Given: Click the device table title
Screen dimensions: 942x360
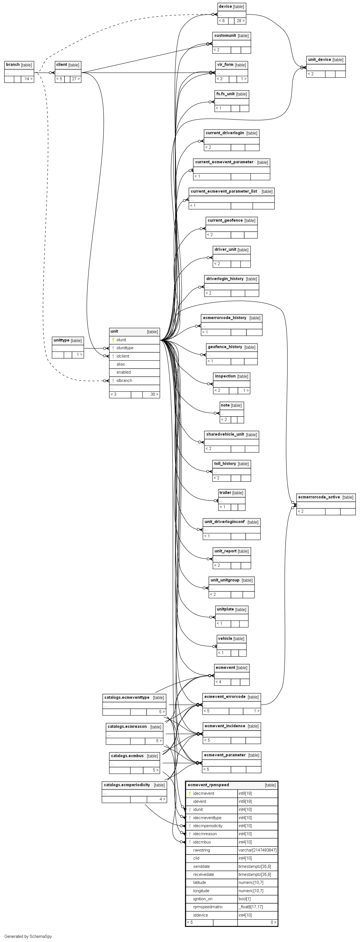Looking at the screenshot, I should (x=225, y=7).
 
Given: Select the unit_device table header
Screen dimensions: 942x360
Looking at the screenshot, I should (x=319, y=59).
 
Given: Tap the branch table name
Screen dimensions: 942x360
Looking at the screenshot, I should (x=13, y=65).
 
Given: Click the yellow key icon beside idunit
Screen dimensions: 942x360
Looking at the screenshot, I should (x=113, y=340).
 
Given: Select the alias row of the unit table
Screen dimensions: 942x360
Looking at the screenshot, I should (x=121, y=364).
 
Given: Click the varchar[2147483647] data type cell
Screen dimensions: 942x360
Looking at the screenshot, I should (x=257, y=850).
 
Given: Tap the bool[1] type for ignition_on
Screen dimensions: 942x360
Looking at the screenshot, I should (x=245, y=899).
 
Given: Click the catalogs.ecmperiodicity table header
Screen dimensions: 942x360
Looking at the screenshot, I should (x=127, y=785).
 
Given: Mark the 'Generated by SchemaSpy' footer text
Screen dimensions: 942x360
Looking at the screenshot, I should (x=28, y=936).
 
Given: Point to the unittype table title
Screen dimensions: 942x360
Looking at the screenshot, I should (x=61, y=340).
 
